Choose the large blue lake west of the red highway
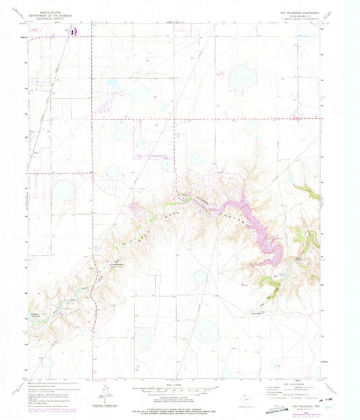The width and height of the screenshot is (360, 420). (64, 190)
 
